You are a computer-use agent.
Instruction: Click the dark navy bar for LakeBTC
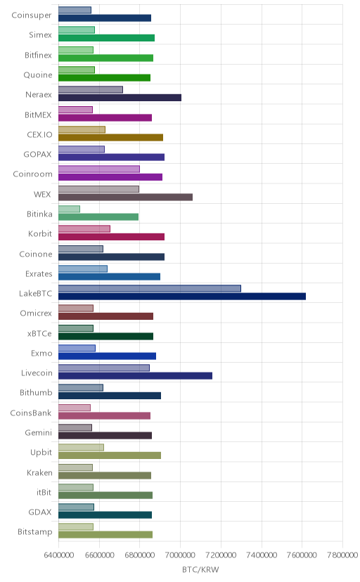pos(182,296)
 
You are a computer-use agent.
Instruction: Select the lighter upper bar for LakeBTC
pos(150,288)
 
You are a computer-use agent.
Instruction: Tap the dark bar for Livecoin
pos(135,376)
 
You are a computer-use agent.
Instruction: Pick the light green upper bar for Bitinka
pos(69,209)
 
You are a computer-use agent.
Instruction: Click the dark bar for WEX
pos(125,197)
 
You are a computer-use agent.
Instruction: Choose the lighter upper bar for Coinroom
pos(99,169)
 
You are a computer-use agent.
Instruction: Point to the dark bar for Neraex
pos(120,98)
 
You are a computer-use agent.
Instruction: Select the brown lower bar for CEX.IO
pos(110,137)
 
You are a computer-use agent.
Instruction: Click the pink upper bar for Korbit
pos(84,228)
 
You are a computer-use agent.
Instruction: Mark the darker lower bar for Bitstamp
pos(105,534)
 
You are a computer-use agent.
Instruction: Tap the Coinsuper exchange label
pos(32,15)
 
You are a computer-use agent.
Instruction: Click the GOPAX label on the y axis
pos(37,155)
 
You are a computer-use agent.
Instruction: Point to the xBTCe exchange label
pos(39,333)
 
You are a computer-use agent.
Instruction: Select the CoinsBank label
pos(31,413)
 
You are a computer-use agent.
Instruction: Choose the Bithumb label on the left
pos(36,393)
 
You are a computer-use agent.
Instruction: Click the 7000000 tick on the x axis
pos(181,555)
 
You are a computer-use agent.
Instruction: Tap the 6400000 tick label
pos(58,555)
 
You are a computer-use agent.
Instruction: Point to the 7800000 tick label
pos(342,555)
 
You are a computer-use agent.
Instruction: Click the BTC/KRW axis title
pos(200,570)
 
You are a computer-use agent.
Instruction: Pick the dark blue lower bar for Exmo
pos(108,356)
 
